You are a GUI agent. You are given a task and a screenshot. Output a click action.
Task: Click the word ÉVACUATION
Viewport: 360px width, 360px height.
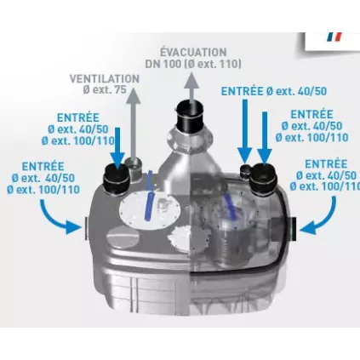point(193,52)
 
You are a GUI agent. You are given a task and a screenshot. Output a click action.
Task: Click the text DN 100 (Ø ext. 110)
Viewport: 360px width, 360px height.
point(193,64)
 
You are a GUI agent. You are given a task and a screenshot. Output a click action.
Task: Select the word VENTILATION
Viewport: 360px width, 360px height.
point(104,77)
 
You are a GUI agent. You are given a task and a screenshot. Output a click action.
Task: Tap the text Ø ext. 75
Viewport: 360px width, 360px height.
point(104,89)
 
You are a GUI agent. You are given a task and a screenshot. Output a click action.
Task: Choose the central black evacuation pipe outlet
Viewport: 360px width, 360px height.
point(191,116)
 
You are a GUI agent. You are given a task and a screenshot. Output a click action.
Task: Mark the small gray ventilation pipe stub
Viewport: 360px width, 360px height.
point(133,162)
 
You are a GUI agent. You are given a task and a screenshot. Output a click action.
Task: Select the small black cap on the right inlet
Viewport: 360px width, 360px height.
point(247,170)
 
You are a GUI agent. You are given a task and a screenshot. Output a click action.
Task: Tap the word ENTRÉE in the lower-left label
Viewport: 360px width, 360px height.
point(43,166)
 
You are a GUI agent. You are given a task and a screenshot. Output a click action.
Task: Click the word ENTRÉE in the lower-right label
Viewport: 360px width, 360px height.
point(324,163)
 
